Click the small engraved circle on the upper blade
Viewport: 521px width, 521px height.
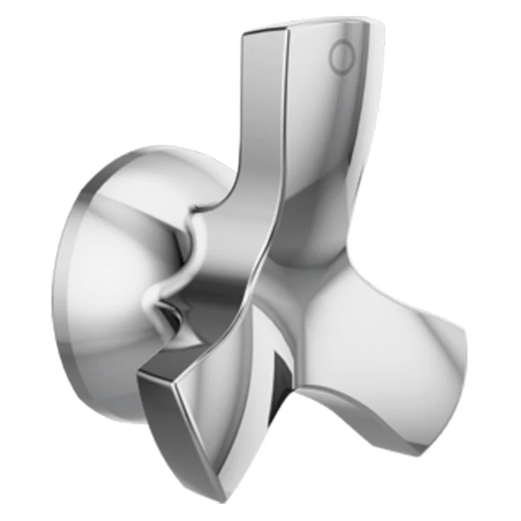point(341,57)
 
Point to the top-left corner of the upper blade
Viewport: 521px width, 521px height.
point(245,33)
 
